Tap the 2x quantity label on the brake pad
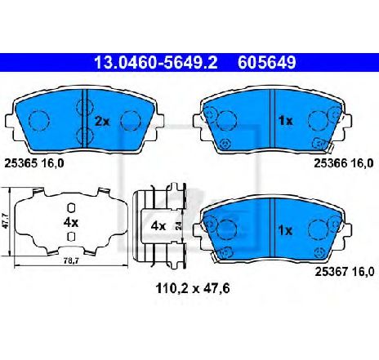pos(102,122)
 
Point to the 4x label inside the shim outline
pos(70,221)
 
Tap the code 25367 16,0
pos(345,269)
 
